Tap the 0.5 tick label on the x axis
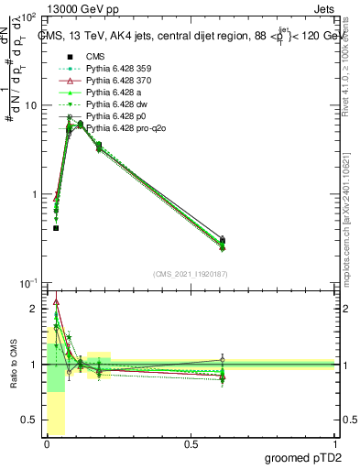coord(191,445)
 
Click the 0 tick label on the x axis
coord(47,445)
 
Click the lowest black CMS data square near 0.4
coord(56,228)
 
